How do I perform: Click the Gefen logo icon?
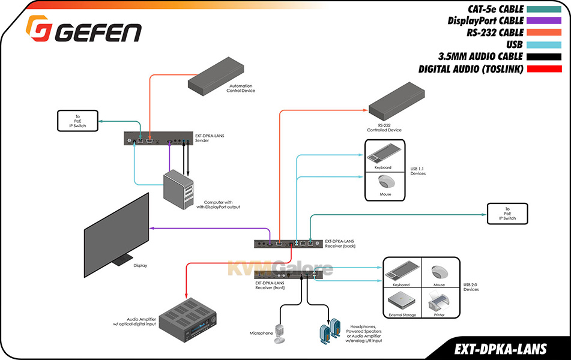pyautogui.click(x=37, y=28)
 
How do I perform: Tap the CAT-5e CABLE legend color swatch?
pyautogui.click(x=544, y=10)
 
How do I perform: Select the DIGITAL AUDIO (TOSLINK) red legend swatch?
pyautogui.click(x=544, y=69)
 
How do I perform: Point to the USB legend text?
pyautogui.click(x=514, y=44)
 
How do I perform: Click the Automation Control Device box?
pyautogui.click(x=216, y=76)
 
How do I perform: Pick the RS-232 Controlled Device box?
pyautogui.click(x=396, y=101)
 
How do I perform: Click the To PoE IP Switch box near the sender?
pyautogui.click(x=77, y=121)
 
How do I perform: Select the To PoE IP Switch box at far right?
pyautogui.click(x=507, y=214)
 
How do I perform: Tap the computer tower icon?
pyautogui.click(x=178, y=190)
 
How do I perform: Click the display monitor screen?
pyautogui.click(x=116, y=235)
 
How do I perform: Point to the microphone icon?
pyautogui.click(x=280, y=334)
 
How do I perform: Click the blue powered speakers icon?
pyautogui.click(x=330, y=331)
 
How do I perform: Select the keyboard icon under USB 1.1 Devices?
pyautogui.click(x=384, y=154)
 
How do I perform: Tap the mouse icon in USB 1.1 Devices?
pyautogui.click(x=385, y=182)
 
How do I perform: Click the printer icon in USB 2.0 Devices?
pyautogui.click(x=439, y=302)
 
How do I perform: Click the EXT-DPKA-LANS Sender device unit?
pyautogui.click(x=159, y=139)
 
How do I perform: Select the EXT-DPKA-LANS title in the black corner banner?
pyautogui.click(x=500, y=349)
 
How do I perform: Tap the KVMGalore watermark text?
pyautogui.click(x=280, y=269)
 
